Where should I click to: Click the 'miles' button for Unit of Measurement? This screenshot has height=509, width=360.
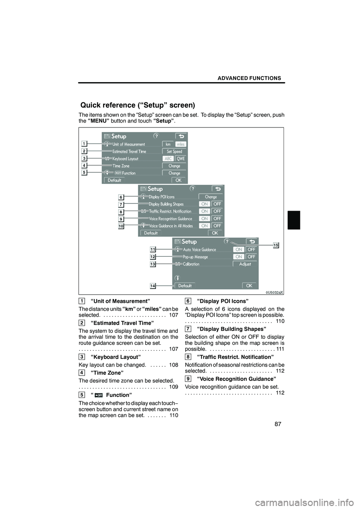(x=181, y=144)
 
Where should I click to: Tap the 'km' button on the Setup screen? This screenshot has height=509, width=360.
(x=168, y=144)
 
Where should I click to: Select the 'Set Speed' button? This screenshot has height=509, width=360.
(x=174, y=151)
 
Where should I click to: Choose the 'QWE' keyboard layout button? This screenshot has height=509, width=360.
(x=181, y=159)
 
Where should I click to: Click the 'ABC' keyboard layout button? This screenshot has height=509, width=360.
(x=168, y=159)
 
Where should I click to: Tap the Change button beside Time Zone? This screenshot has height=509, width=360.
(x=174, y=166)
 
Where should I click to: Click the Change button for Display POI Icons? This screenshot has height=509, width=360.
(x=211, y=197)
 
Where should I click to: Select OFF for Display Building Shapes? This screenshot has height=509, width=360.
(x=217, y=204)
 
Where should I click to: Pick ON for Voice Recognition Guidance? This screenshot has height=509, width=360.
(x=204, y=219)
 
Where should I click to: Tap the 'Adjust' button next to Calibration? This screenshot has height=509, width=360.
(x=245, y=264)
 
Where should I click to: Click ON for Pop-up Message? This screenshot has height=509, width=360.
(x=238, y=257)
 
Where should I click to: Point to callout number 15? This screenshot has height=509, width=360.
(x=276, y=245)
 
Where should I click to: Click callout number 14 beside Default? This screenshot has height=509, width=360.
(x=153, y=286)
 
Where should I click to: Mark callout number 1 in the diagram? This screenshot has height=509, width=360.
(x=85, y=144)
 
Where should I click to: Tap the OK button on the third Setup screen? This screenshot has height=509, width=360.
(x=249, y=286)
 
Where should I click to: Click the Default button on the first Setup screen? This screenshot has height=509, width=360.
(x=114, y=180)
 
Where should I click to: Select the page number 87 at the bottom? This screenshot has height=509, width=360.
(x=277, y=424)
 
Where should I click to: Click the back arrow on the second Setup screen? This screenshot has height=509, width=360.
(x=217, y=189)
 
